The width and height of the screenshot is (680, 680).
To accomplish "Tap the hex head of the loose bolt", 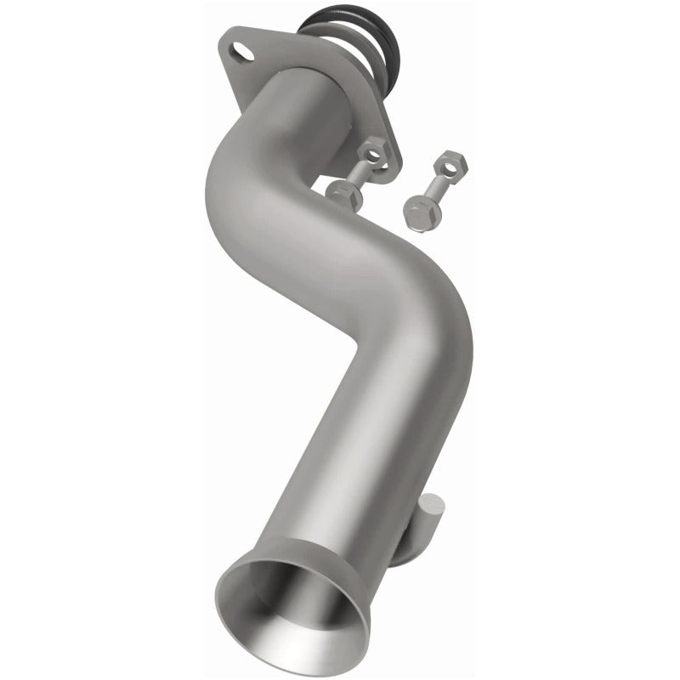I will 419,208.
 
